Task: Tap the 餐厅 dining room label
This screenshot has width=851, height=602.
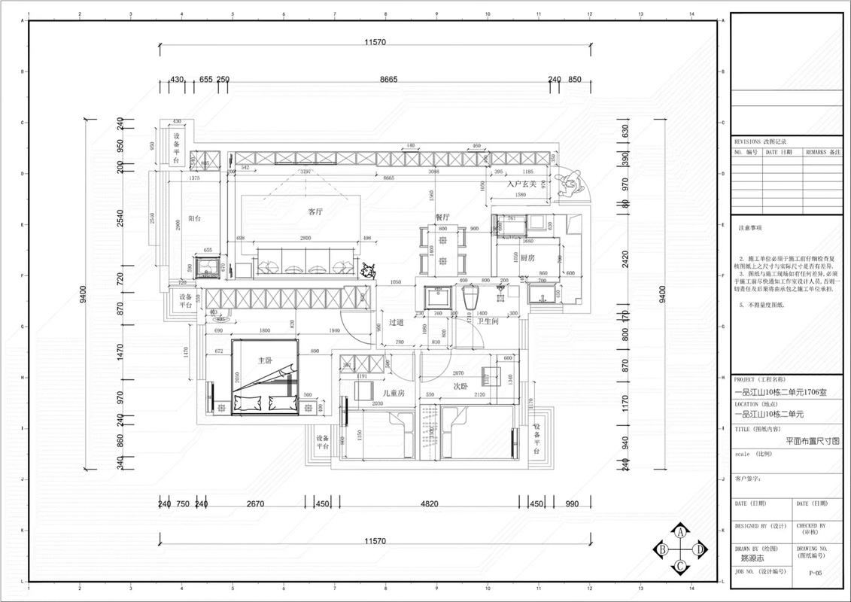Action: pos(442,216)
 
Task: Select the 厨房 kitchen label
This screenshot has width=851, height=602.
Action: pos(527,257)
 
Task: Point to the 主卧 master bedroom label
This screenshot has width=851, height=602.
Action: pos(264,360)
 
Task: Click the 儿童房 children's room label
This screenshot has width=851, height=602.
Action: pos(394,393)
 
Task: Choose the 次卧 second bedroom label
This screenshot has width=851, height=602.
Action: pos(460,386)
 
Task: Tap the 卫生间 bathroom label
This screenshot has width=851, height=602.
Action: pos(485,321)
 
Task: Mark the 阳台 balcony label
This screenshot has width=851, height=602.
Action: pos(194,218)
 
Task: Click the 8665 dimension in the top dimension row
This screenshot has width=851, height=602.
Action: pos(388,79)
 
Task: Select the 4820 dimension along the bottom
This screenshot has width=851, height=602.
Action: pos(429,504)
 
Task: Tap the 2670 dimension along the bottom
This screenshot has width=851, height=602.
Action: pos(255,504)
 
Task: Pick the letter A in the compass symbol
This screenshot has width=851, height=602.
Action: pos(680,531)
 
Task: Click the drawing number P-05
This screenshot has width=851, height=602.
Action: pos(815,573)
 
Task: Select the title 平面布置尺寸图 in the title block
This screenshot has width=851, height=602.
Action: pos(812,442)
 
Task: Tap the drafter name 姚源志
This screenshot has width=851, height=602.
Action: pos(752,558)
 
